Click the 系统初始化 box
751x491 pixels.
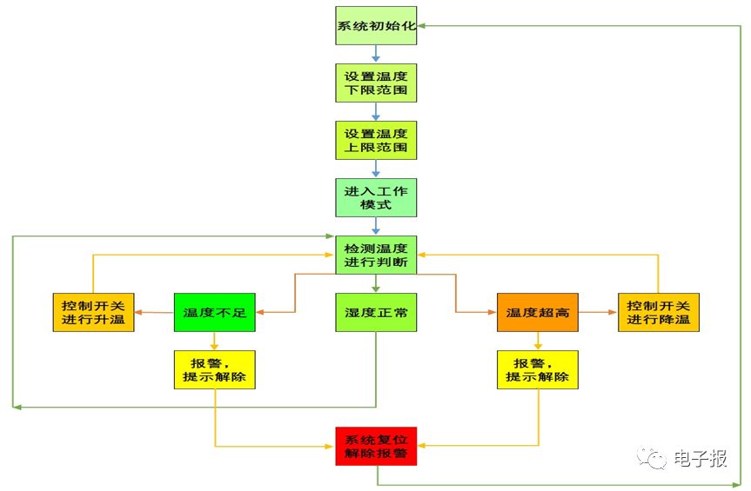[x=376, y=26]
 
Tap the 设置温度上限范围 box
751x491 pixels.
[x=376, y=140]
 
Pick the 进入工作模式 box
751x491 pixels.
[x=376, y=197]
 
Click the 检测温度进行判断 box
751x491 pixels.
[x=376, y=255]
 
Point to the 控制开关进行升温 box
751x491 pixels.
[x=93, y=312]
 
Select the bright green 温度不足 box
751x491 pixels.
[x=214, y=312]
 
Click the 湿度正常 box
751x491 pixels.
[x=376, y=312]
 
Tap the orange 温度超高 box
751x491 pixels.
[x=538, y=312]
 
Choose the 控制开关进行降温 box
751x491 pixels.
[x=659, y=312]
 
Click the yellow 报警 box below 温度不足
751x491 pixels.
[x=214, y=369]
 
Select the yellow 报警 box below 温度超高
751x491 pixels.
[x=538, y=369]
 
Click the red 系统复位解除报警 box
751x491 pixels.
[x=376, y=446]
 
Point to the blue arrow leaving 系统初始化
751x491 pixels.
[x=376, y=55]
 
